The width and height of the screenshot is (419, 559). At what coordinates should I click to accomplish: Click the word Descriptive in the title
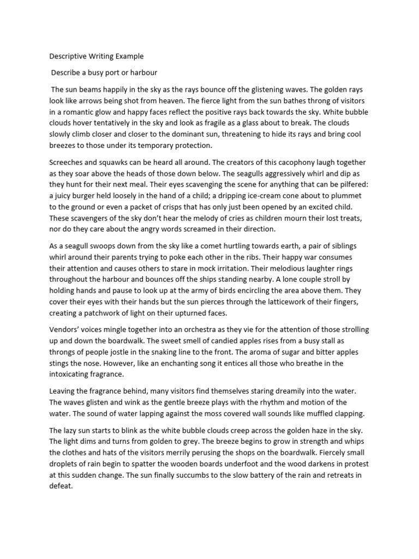[69, 56]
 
